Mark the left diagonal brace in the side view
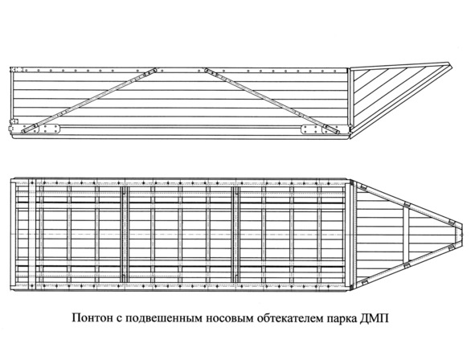(89, 100)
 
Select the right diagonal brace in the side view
(272, 100)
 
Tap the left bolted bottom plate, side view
(50, 129)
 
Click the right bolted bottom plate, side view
(311, 129)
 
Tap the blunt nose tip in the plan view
(462, 234)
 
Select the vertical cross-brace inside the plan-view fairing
(406, 234)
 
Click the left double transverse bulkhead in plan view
(125, 234)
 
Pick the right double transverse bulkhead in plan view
(236, 234)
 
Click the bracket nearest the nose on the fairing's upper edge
(451, 222)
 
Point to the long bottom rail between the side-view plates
(181, 127)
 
